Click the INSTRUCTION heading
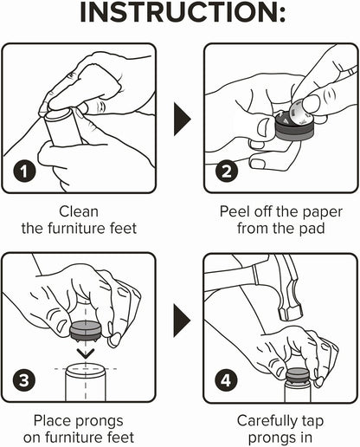[x=183, y=13]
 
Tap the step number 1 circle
[x=24, y=172]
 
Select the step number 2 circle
[x=227, y=172]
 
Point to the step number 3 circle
[x=24, y=380]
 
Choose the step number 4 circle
[x=226, y=380]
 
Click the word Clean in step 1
[x=79, y=211]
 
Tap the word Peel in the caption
[x=234, y=211]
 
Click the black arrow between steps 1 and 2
[x=183, y=119]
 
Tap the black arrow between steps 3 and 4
[x=183, y=321]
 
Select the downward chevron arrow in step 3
[x=86, y=353]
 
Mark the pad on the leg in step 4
[x=298, y=375]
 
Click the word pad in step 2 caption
[x=313, y=229]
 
